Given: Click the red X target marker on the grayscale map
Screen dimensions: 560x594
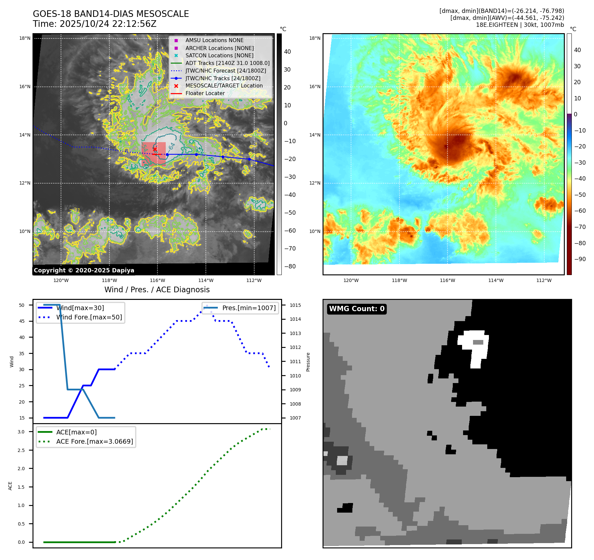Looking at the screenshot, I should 155,149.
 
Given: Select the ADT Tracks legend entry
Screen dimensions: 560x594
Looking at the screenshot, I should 227,63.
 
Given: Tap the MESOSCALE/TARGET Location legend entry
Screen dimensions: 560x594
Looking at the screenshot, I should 224,85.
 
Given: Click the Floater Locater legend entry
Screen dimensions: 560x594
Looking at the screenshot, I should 205,93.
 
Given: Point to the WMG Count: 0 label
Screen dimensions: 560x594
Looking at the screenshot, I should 357,309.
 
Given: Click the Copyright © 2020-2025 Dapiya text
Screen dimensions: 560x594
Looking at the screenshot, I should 84,270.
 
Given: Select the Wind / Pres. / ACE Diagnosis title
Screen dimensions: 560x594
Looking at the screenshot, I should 157,290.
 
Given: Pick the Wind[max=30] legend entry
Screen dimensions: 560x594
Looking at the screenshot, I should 80,308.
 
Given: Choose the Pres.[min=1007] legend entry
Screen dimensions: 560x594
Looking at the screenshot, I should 249,308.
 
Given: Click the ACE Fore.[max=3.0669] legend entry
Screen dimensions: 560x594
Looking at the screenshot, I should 94,441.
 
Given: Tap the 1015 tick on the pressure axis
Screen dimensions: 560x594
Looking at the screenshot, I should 295,305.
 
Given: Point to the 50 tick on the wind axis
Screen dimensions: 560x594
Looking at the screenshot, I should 22,305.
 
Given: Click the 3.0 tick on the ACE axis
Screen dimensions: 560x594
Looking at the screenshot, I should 21,432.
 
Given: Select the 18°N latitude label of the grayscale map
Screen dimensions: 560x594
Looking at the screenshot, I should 25,38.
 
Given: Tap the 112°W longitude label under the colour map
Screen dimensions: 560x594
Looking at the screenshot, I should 544,280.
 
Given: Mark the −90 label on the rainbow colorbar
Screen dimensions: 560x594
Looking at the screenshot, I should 580,259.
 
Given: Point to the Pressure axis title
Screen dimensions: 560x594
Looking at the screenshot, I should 308,362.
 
